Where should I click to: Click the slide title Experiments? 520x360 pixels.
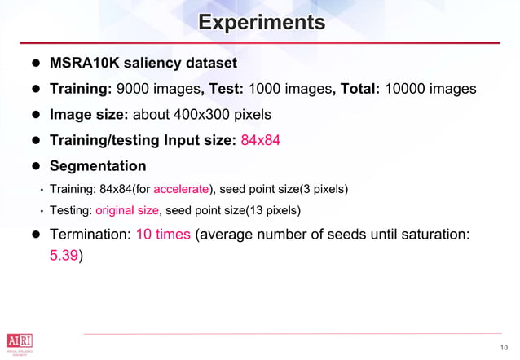[x=261, y=22]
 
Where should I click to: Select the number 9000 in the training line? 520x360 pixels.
[x=135, y=88]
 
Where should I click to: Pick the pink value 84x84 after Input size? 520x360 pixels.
[x=260, y=140]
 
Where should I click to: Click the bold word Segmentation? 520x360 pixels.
[x=98, y=166]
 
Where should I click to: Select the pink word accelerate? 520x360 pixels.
[x=180, y=190]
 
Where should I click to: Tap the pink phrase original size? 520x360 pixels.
[x=127, y=211]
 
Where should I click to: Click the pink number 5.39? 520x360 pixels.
[x=64, y=255]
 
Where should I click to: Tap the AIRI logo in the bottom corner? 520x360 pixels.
[x=19, y=340]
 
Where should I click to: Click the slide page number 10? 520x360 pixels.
[x=504, y=349]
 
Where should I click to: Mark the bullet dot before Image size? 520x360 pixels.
[x=36, y=115]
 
